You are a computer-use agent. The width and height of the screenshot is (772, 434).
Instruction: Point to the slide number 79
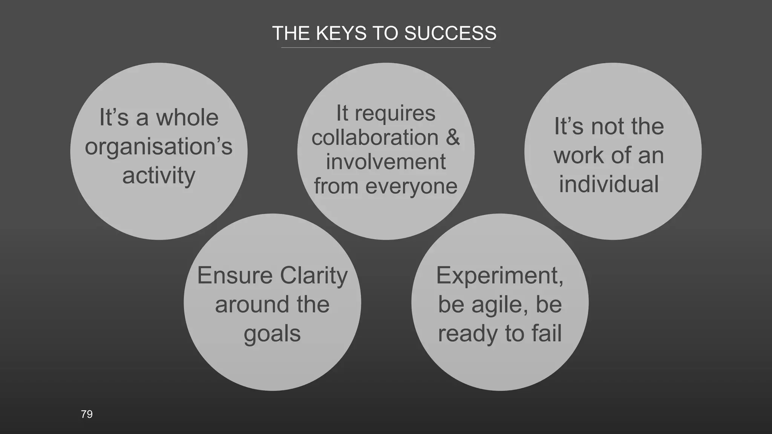tap(87, 414)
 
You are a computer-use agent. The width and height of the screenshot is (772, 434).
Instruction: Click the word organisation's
tap(159, 147)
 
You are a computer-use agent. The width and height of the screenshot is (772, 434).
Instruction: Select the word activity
tap(159, 176)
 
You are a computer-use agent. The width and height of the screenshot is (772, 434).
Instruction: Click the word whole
tap(187, 118)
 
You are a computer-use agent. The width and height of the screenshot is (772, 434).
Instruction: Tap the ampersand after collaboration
tap(453, 137)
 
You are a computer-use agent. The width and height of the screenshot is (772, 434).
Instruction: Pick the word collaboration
tap(375, 137)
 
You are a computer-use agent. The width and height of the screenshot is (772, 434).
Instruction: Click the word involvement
tap(386, 162)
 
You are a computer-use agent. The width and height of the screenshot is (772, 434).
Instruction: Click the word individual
tap(609, 184)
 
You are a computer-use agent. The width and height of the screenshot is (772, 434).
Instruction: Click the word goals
tap(272, 334)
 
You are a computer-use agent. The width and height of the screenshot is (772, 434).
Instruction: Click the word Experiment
tap(499, 275)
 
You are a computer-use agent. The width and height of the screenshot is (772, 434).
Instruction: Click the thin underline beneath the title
tap(386, 48)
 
